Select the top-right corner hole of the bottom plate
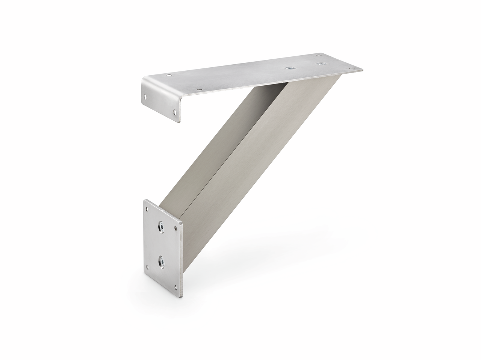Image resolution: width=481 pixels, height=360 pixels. point(175,228)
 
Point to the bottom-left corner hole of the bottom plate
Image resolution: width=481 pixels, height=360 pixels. point(147,267)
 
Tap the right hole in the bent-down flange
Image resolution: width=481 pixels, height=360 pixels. point(175,112)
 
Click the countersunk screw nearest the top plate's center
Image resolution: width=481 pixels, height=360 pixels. point(290,68)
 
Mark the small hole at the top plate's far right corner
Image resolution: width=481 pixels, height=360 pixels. point(352,68)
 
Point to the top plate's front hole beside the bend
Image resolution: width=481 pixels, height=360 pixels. point(199,90)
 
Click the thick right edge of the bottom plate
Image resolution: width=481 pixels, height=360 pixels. point(182,259)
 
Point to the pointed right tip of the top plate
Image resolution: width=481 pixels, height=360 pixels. point(362,70)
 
